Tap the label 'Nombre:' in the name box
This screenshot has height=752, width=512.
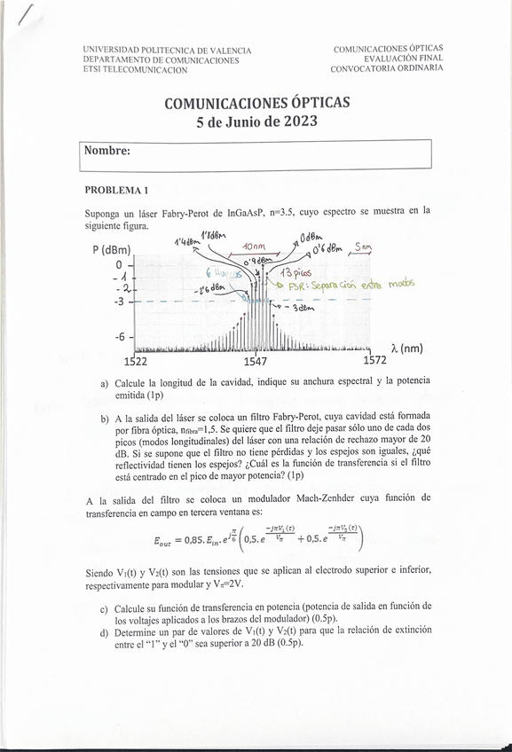[x=107, y=151]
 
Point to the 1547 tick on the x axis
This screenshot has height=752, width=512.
[x=256, y=361]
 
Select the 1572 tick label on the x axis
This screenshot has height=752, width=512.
[x=376, y=361]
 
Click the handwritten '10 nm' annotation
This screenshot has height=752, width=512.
[x=253, y=247]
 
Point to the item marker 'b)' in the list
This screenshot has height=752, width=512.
[x=105, y=418]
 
